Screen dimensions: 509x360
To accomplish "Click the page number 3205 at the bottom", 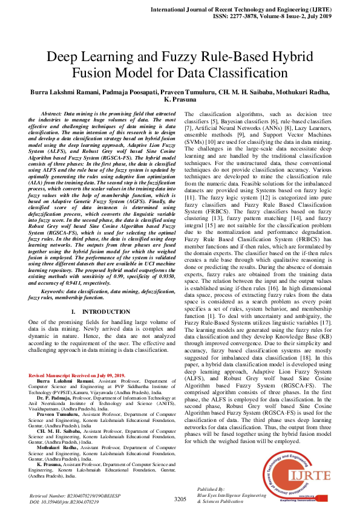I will [180, 499].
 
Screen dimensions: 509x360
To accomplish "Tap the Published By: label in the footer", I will [211, 488].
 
